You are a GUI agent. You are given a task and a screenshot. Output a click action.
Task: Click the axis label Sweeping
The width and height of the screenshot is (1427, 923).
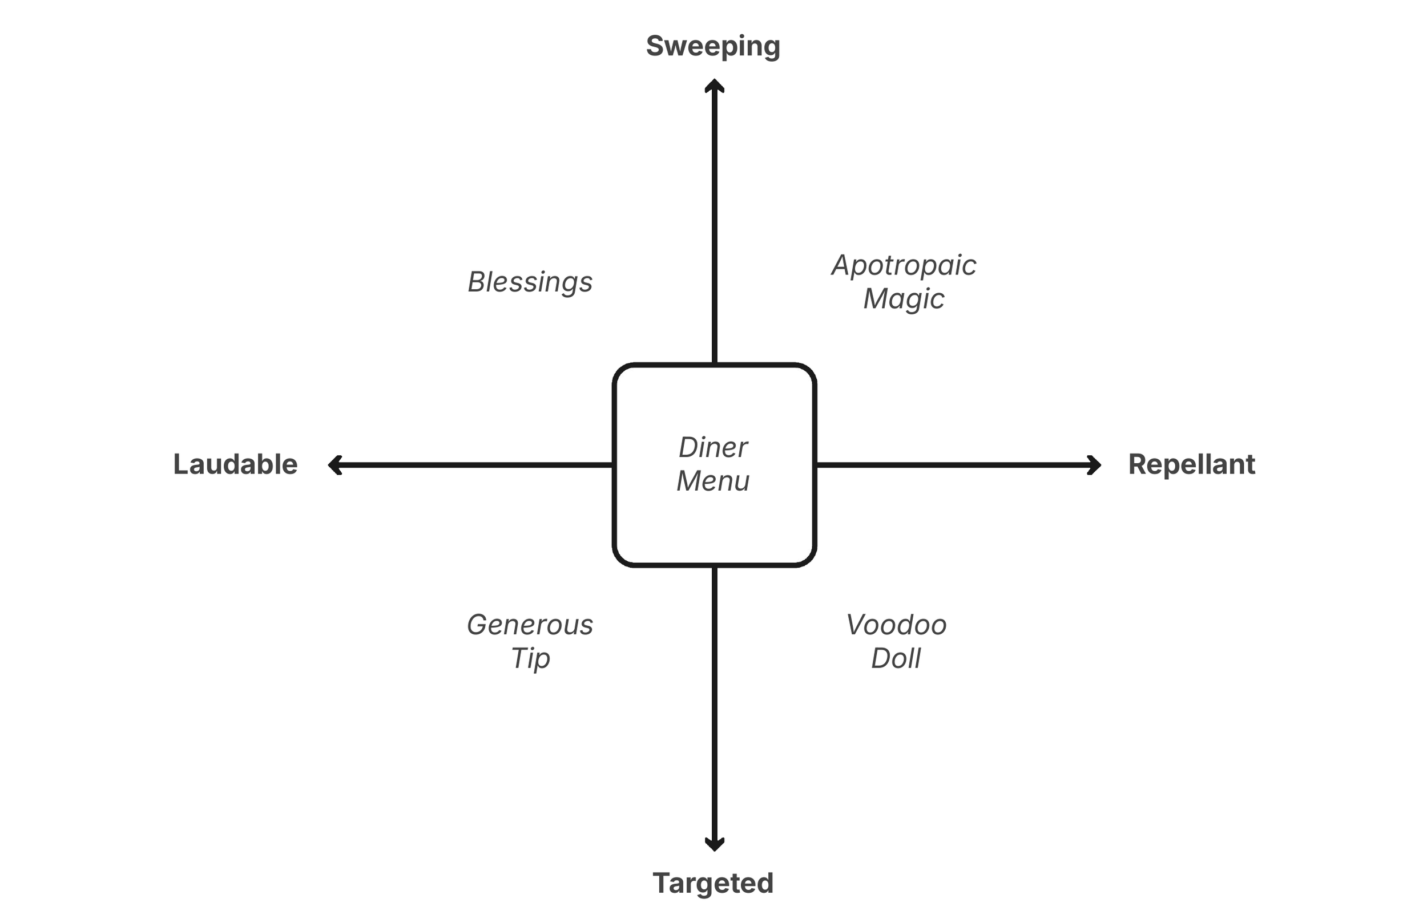click(713, 47)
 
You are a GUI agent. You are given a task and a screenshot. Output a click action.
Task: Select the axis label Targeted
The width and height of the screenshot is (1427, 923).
click(713, 884)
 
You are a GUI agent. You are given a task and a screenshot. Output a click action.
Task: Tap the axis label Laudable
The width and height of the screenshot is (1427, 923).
click(235, 464)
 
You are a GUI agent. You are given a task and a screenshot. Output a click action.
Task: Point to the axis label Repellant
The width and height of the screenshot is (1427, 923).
click(1191, 464)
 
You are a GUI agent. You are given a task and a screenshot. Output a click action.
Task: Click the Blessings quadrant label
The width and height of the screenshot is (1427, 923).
click(530, 282)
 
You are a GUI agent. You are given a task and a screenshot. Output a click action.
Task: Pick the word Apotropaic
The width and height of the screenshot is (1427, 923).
click(904, 265)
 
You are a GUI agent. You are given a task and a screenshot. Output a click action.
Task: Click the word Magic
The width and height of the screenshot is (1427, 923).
click(904, 299)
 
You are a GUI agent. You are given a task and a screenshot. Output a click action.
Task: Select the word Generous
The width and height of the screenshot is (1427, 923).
click(530, 625)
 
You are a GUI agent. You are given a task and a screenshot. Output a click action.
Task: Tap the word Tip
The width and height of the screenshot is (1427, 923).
click(530, 659)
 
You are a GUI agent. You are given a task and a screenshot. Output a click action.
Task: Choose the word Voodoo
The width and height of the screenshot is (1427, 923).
click(896, 625)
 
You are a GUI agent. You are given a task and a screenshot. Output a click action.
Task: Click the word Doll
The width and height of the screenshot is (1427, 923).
click(896, 659)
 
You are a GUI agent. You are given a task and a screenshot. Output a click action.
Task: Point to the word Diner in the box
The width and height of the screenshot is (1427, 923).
click(713, 448)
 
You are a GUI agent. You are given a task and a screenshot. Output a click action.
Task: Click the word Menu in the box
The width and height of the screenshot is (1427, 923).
click(713, 481)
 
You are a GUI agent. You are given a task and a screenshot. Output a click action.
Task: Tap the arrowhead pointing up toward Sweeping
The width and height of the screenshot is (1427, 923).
click(714, 85)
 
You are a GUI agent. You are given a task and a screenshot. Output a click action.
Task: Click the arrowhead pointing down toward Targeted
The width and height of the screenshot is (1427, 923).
click(714, 844)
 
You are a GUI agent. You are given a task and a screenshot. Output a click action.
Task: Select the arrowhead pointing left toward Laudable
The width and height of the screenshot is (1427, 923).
click(334, 465)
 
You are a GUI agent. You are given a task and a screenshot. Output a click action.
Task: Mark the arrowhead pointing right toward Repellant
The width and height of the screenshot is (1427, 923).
click(1095, 465)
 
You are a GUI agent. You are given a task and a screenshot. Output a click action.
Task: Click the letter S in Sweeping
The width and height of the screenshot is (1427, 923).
click(655, 47)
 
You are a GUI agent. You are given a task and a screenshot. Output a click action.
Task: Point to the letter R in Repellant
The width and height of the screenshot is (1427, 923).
click(1138, 464)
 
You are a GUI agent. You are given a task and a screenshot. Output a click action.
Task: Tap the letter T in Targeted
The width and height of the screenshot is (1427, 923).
click(662, 884)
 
